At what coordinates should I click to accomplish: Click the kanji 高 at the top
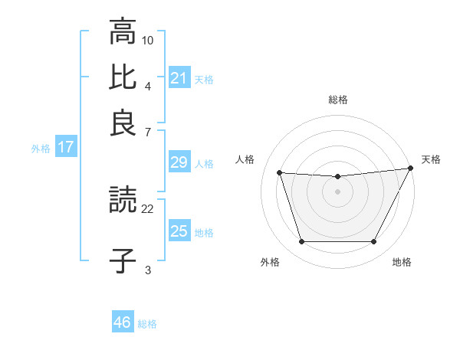point(123,32)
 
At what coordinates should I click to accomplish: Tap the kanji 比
point(123,77)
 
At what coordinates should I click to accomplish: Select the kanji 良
point(123,123)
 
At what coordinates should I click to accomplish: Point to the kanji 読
point(123,202)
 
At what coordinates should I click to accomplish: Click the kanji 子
point(123,259)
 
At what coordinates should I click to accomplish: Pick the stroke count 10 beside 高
point(148,39)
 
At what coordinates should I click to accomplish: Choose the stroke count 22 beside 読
point(148,208)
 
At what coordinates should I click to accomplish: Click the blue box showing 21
point(179,77)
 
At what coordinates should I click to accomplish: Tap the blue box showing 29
point(179,162)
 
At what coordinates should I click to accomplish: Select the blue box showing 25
point(179,231)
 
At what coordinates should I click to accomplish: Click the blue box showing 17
point(65,147)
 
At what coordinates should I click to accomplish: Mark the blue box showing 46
point(122,322)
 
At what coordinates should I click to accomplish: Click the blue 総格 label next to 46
point(147,324)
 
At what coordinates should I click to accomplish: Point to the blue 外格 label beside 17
point(41,149)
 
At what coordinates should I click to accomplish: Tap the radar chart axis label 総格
point(338,100)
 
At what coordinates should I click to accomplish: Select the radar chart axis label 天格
point(431,159)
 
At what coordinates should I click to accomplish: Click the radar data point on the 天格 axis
point(412,169)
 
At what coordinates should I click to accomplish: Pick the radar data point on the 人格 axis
point(280,173)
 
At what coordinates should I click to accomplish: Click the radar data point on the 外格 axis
point(301,242)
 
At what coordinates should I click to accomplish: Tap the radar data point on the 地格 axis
point(374,242)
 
